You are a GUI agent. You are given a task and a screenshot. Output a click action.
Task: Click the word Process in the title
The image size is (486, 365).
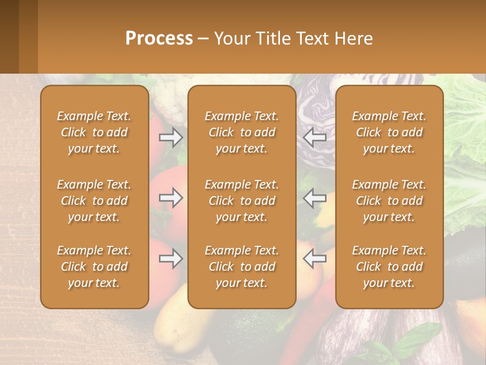(159, 39)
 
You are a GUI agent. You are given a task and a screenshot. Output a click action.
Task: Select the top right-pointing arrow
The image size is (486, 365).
(171, 137)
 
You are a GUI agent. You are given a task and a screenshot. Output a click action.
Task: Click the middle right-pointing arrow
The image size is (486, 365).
(171, 198)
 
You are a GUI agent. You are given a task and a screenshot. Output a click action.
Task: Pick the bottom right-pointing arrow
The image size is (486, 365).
(171, 259)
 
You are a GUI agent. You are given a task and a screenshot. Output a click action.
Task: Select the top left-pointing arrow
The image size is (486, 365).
(315, 137)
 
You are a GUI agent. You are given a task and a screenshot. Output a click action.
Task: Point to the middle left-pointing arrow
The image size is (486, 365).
(315, 198)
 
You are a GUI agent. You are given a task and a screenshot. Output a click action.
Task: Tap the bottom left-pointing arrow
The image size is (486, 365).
(315, 259)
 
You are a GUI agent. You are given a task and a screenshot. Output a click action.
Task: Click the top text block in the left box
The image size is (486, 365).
(94, 132)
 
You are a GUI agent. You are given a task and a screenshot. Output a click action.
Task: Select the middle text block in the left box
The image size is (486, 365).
(94, 201)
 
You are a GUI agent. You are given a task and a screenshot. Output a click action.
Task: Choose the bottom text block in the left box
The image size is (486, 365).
(94, 267)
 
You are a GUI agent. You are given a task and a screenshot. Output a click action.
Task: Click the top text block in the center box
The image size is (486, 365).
(241, 132)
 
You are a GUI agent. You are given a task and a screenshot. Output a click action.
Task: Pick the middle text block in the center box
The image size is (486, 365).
(241, 201)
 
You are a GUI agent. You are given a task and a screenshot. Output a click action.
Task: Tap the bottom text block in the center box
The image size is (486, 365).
(241, 267)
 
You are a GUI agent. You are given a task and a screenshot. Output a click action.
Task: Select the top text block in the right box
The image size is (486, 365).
(389, 132)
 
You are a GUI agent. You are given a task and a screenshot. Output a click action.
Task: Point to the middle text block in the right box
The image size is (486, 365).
(389, 201)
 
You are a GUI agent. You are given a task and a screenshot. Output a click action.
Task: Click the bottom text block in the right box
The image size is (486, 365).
(389, 267)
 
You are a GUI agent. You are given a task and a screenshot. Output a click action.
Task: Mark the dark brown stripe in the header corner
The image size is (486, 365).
(9, 36)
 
